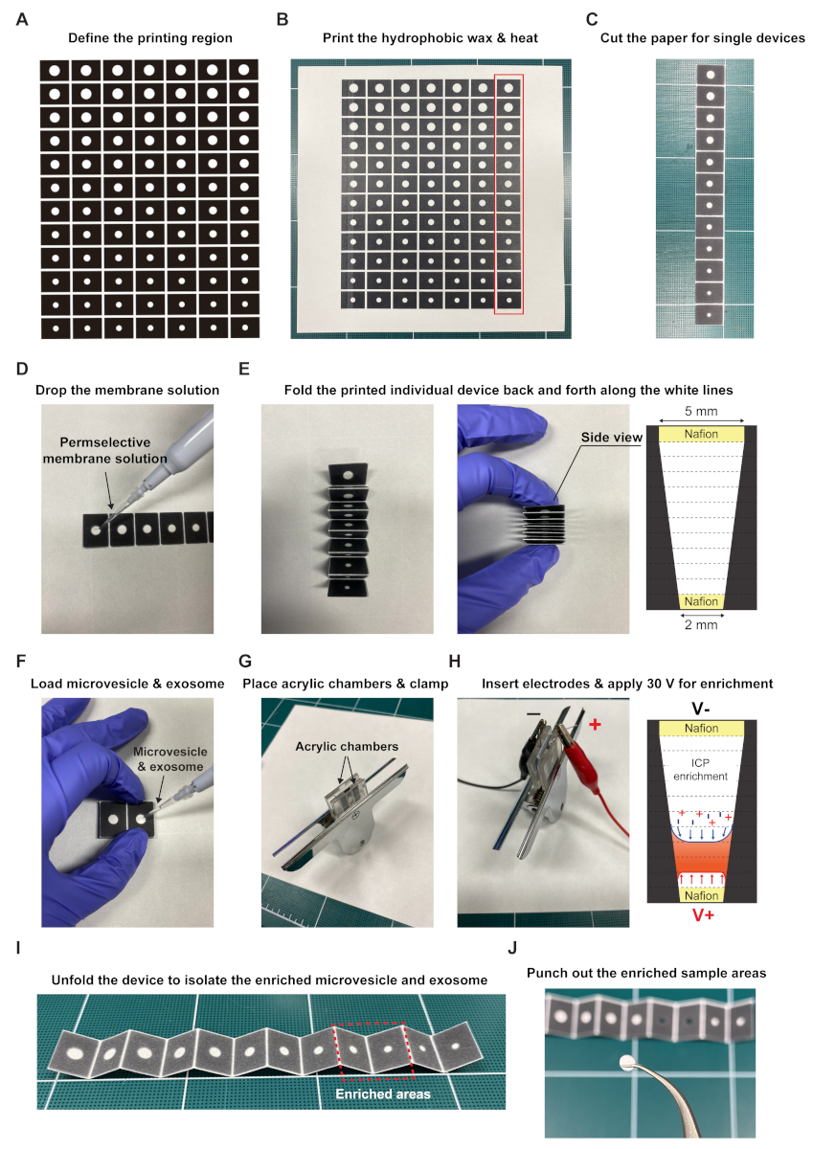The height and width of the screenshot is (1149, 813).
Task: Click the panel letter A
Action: tap(22, 19)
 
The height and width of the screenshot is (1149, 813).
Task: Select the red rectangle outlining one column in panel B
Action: tap(494, 193)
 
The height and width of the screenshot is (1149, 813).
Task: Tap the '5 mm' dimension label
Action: tap(701, 411)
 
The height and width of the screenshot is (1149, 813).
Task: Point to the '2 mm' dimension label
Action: tap(701, 624)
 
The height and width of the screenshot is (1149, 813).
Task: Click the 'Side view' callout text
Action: tap(611, 438)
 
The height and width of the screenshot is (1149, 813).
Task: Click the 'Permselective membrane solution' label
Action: tap(105, 450)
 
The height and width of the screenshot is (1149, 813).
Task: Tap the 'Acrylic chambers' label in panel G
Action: tap(347, 746)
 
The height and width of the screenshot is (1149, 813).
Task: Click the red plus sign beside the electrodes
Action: tap(595, 724)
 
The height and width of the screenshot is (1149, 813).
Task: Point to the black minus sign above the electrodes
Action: tap(533, 713)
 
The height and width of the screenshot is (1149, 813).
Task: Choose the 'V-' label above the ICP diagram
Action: tap(701, 709)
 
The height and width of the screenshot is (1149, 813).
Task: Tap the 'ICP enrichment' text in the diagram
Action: tap(700, 770)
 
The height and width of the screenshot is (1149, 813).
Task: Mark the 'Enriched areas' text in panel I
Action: tap(383, 1094)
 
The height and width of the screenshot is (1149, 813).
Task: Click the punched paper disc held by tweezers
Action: tap(626, 1062)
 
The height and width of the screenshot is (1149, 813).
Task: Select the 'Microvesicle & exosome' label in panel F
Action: tap(170, 759)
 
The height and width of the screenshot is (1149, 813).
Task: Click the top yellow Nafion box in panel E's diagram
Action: tap(701, 434)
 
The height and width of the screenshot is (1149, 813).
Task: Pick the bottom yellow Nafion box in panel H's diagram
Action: tap(701, 895)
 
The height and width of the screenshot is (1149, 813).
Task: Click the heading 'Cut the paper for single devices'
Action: tap(702, 38)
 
